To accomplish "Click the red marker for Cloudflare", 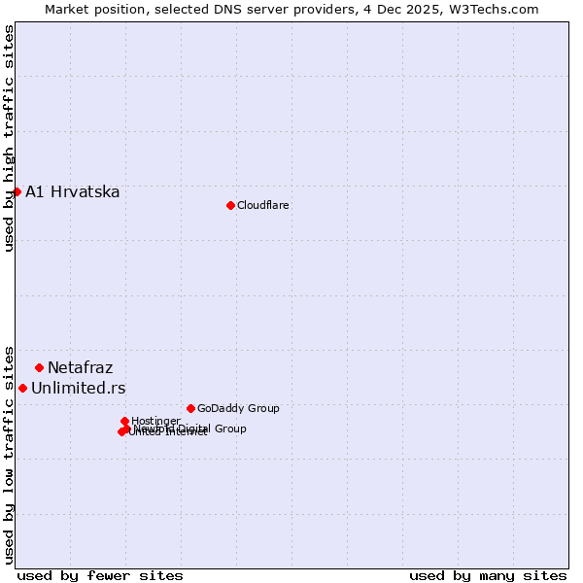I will (230, 205).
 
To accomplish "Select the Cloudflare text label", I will (262, 205).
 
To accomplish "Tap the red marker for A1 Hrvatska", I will (17, 191).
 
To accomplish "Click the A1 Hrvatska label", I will (73, 191).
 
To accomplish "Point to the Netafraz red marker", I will (39, 367).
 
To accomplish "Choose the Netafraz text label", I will (80, 367).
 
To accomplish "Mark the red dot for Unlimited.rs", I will (22, 388).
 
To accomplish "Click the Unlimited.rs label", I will (79, 389).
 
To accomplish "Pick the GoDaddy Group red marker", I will (190, 408).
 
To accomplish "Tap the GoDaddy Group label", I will (238, 408).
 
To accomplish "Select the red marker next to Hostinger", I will (124, 421).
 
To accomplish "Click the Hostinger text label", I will (155, 421).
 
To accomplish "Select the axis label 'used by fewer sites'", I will (100, 575).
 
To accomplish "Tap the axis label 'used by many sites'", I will (488, 575).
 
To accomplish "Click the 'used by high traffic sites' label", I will (9, 138).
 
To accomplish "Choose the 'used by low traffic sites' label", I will (9, 454).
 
